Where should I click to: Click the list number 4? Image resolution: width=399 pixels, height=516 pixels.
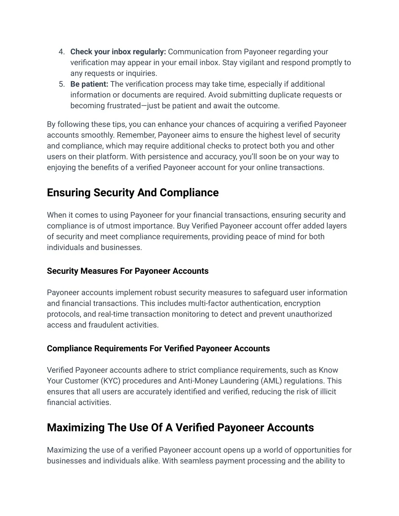click(61, 52)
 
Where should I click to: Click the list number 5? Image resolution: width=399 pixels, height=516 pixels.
click(61, 84)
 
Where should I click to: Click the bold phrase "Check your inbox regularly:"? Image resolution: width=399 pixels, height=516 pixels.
click(118, 52)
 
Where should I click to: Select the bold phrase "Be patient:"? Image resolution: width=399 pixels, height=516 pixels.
click(89, 84)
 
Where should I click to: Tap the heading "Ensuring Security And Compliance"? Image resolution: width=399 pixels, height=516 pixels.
click(132, 193)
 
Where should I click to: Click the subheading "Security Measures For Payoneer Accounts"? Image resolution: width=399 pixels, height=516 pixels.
click(127, 271)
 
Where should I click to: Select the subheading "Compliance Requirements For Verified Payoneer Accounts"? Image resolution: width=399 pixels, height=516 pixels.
click(158, 349)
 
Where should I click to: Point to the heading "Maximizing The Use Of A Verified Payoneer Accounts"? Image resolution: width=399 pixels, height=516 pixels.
click(180, 428)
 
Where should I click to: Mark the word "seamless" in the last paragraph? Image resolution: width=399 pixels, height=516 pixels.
click(193, 461)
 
